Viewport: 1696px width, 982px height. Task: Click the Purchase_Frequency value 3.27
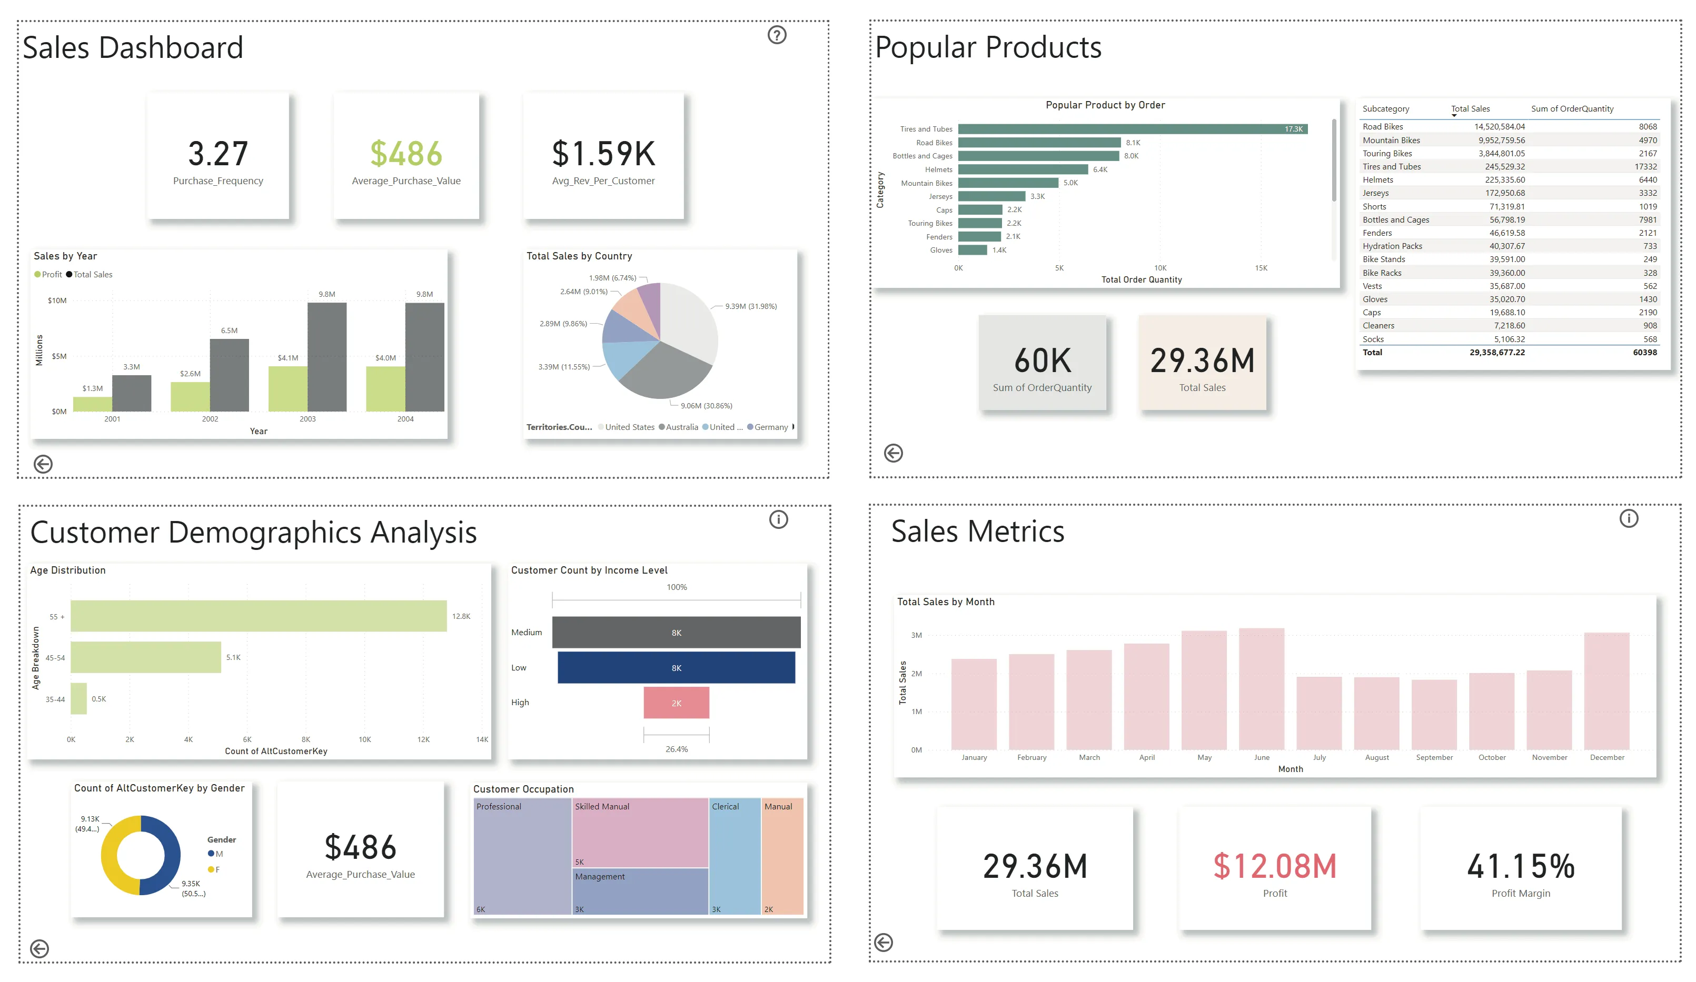pos(217,154)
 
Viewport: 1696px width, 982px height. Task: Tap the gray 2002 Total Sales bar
pos(229,375)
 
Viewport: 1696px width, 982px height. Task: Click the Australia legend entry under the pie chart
pos(681,427)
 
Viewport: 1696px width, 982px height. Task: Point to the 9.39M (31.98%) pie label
pos(750,306)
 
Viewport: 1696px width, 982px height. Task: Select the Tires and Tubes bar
pos(1130,129)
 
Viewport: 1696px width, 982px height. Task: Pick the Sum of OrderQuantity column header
pos(1572,109)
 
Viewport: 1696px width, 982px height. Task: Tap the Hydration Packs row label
pos(1392,246)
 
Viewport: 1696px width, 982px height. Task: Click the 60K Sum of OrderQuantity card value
pos(1042,361)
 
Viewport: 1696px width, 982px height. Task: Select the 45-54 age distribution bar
pos(145,657)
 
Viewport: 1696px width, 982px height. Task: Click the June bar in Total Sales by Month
pos(1261,689)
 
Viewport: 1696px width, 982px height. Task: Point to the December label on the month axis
pos(1606,757)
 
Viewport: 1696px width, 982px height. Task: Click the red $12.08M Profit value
pos(1274,866)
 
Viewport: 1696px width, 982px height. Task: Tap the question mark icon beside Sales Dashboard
pos(777,35)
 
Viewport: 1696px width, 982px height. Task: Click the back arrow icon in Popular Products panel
pos(893,453)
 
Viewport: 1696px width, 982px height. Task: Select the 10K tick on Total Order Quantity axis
pos(1159,268)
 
